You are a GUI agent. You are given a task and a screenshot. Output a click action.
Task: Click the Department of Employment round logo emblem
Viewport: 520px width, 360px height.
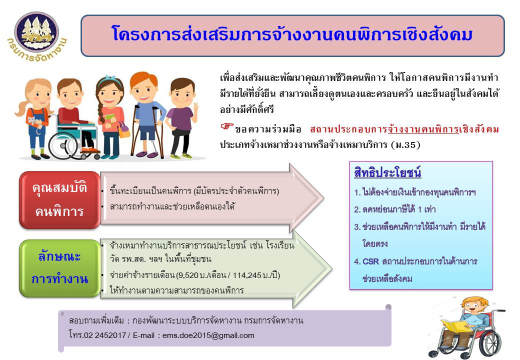pos(37,32)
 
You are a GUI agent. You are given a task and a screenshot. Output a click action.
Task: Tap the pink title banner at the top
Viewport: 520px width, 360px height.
pos(292,35)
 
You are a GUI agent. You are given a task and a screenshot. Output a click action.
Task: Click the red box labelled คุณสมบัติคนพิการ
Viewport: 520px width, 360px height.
pos(59,200)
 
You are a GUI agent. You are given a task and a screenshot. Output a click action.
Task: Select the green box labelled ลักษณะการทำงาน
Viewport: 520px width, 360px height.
pos(59,268)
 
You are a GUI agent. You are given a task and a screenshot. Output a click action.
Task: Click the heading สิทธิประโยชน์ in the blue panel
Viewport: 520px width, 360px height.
pos(387,172)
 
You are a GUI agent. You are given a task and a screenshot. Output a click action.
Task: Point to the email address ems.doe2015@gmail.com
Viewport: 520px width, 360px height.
pos(208,335)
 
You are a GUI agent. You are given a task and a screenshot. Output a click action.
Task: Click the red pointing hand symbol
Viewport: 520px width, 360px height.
pos(227,127)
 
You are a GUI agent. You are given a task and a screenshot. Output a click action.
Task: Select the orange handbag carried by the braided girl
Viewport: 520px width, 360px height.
pos(123,131)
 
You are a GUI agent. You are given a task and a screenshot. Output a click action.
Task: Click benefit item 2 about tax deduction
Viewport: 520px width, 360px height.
pos(394,209)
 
